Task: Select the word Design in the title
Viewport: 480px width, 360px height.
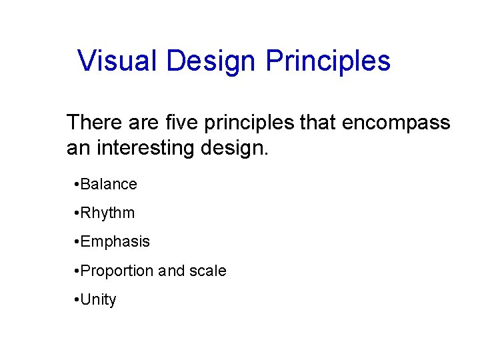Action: [211, 61]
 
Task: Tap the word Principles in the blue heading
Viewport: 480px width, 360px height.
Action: [328, 61]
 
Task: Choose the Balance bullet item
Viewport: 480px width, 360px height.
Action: [109, 184]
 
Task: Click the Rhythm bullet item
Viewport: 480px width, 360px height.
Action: [107, 213]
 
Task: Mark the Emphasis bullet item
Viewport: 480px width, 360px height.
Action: [115, 241]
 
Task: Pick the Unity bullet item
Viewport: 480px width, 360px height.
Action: [98, 300]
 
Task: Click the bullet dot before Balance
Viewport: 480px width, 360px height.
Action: [77, 185]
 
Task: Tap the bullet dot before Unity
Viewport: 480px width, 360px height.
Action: [77, 300]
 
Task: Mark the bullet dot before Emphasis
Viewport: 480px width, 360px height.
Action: [77, 242]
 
